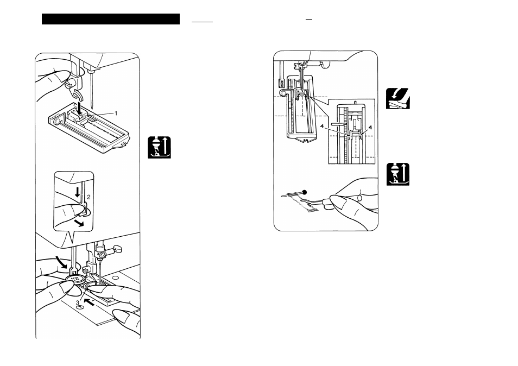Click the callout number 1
[116, 112]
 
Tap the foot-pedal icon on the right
[397, 98]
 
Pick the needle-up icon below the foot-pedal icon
[397, 174]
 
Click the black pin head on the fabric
[305, 192]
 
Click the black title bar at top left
[111, 19]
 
